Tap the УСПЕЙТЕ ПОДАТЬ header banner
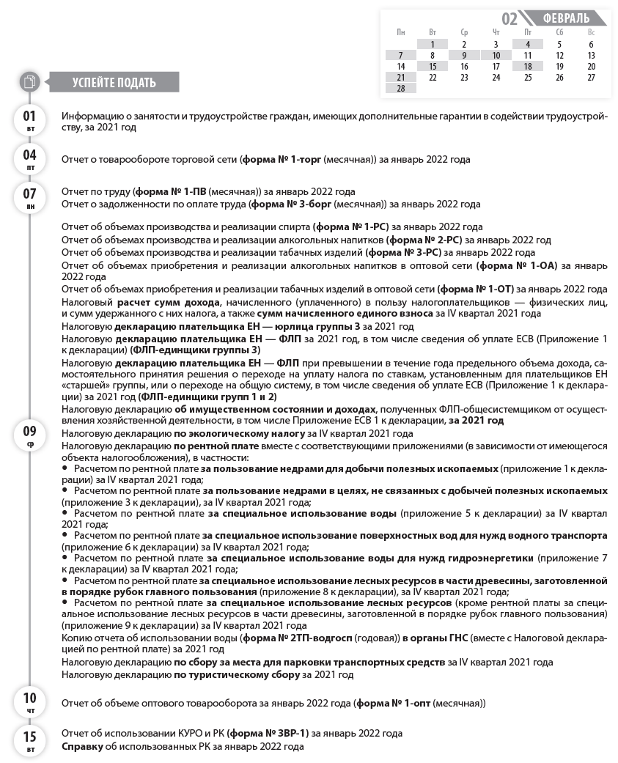tap(114, 82)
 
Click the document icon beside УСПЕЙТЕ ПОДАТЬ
tap(29, 82)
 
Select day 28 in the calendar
tap(401, 88)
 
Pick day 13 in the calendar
tap(591, 55)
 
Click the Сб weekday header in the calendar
tap(559, 32)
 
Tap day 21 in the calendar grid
tap(401, 77)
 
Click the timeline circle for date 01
tap(30, 120)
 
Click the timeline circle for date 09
tap(30, 435)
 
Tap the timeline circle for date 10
tap(30, 702)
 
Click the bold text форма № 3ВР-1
tap(268, 733)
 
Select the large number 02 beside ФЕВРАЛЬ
tap(510, 18)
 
